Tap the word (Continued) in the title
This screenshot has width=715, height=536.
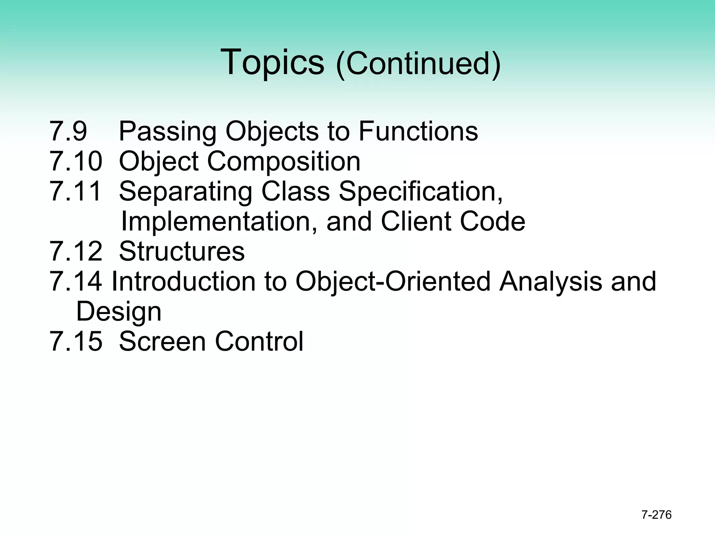click(x=418, y=64)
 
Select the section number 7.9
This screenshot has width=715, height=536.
click(x=68, y=131)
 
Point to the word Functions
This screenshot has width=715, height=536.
click(x=418, y=131)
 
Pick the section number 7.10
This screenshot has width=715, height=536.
click(x=76, y=161)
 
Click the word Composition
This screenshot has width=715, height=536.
click(x=284, y=162)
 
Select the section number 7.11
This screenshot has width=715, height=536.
click(x=76, y=191)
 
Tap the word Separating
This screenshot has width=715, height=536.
click(x=186, y=192)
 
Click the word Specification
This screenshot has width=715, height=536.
click(x=421, y=192)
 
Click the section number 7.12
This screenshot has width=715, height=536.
click(x=76, y=251)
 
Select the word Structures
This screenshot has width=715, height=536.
click(x=182, y=251)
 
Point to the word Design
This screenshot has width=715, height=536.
click(x=119, y=312)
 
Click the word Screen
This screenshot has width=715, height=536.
click(x=163, y=341)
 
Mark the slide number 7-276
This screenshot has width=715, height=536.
click(x=656, y=515)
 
